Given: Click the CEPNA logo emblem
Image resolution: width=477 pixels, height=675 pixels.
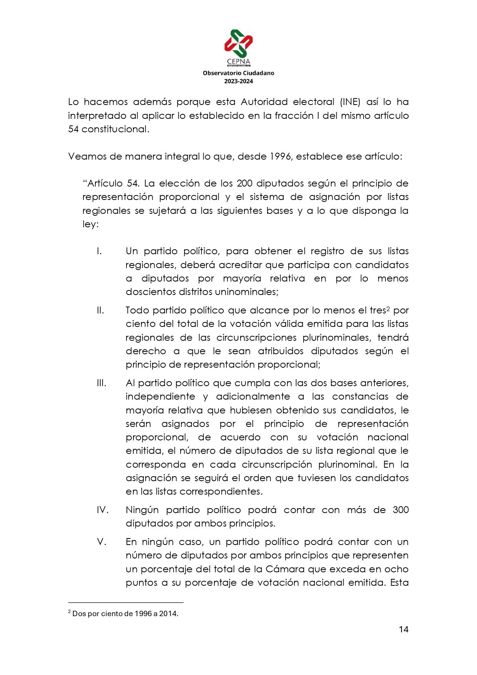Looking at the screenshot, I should coord(238,43).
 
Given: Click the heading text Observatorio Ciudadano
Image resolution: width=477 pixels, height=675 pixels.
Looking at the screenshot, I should coord(238,73).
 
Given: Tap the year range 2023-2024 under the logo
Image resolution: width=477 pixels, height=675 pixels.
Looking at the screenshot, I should coord(238,81).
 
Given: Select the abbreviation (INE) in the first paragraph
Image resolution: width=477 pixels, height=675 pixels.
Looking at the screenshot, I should coord(350,102).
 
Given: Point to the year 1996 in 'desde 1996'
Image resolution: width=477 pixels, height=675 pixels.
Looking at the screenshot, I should coord(280,157).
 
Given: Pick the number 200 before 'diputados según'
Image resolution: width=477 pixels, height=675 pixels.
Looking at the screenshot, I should coord(244,183).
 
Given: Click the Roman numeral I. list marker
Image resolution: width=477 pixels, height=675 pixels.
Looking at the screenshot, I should coord(99,251).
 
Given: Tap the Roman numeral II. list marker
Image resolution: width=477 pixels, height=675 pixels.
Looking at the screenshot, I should coord(100,310).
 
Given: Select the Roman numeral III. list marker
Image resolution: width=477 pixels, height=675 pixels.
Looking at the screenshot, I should coord(101,383).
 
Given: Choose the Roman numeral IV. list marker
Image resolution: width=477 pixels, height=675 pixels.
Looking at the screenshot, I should coord(103,510).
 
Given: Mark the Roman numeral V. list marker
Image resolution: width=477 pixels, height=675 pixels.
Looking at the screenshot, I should coord(101,542).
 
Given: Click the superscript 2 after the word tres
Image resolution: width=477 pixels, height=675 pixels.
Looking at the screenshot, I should coord(388,308).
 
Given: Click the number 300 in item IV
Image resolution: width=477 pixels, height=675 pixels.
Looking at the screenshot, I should coord(401,510).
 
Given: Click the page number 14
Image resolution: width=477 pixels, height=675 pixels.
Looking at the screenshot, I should coord(403,630).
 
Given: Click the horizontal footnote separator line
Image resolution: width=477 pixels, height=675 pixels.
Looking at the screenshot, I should coord(126,603).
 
